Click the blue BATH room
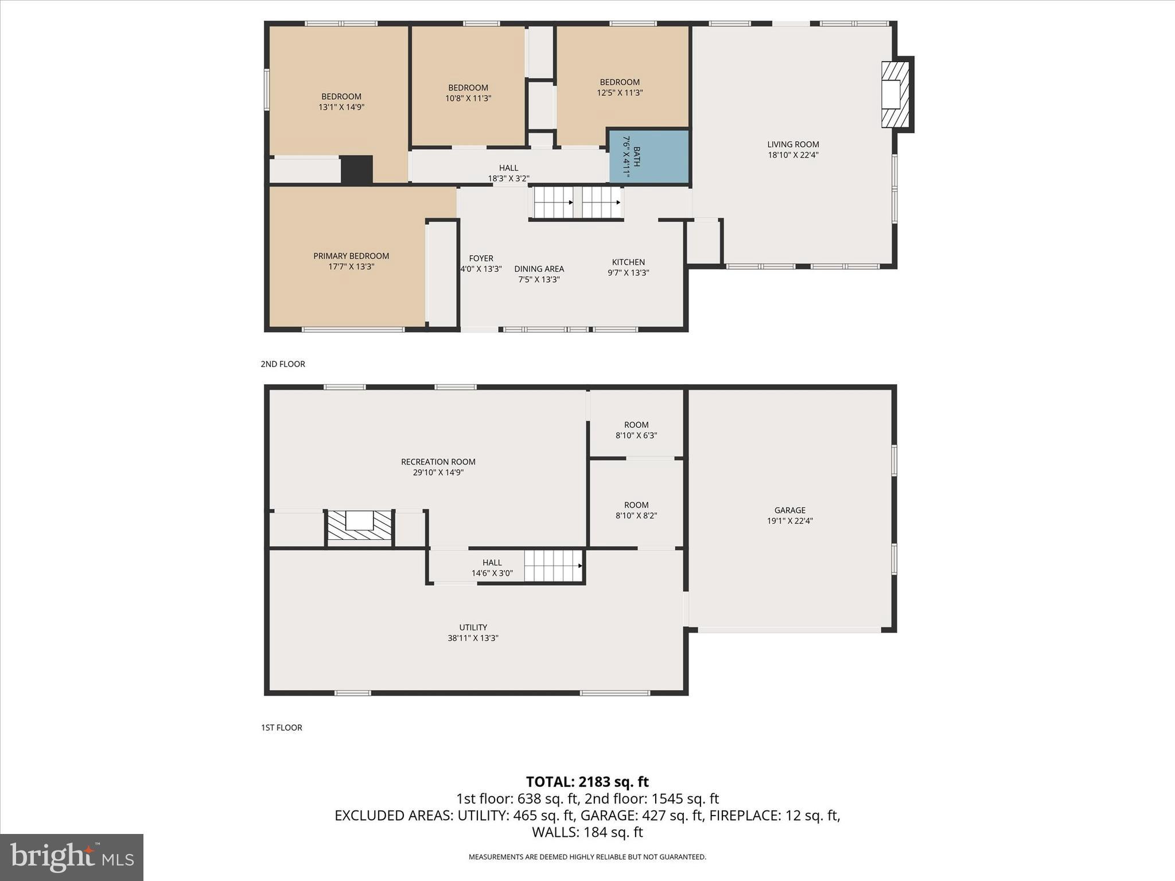click(649, 156)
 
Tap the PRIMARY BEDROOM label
click(351, 256)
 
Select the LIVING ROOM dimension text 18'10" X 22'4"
click(793, 155)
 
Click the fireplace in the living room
click(895, 95)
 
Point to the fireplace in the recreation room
click(360, 525)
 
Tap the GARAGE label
click(789, 510)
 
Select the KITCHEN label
click(628, 262)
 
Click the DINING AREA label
click(539, 269)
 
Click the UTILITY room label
click(473, 627)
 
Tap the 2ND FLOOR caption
click(283, 364)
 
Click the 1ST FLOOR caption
click(282, 728)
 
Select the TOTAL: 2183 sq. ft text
click(587, 782)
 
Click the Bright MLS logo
click(72, 857)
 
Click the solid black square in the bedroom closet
click(357, 170)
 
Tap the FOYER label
click(481, 259)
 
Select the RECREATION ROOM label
click(438, 462)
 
